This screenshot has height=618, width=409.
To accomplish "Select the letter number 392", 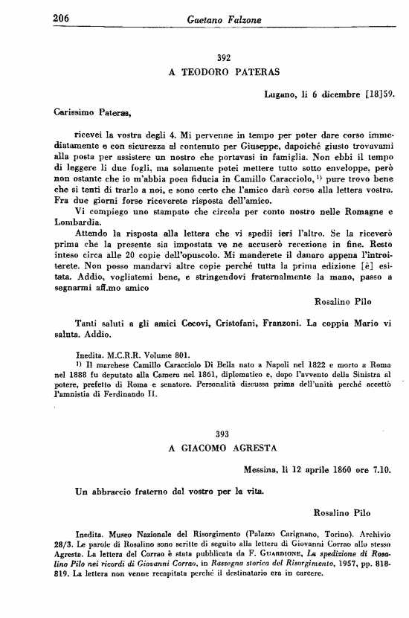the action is point(224,57).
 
